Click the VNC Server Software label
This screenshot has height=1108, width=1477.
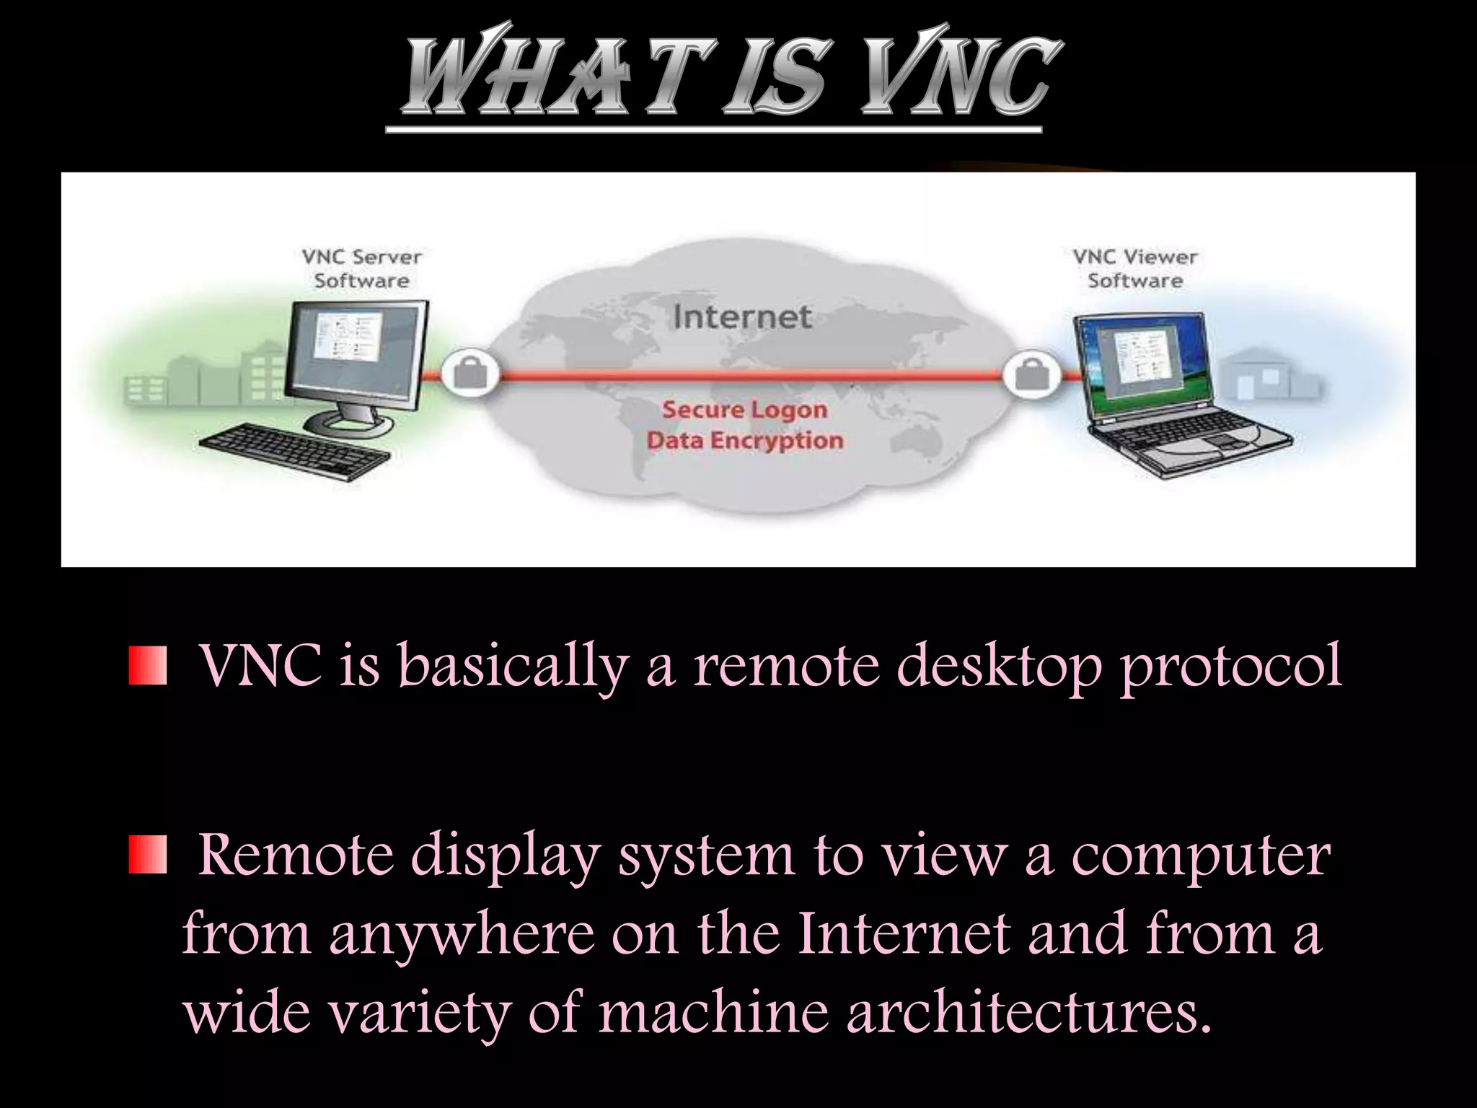coord(361,268)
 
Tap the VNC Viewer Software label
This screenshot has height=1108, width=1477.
coord(1135,268)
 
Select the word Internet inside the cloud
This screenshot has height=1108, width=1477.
coord(742,317)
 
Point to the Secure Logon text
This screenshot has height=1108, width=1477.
coord(744,410)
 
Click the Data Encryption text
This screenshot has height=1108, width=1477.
coord(744,440)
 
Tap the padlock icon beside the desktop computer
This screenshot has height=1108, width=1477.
coord(469,374)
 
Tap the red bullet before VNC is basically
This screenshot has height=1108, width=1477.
coord(148,666)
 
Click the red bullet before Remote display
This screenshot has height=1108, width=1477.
coord(148,856)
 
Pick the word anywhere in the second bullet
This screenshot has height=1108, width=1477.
coord(462,934)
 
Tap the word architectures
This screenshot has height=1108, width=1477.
coord(1028,1011)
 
